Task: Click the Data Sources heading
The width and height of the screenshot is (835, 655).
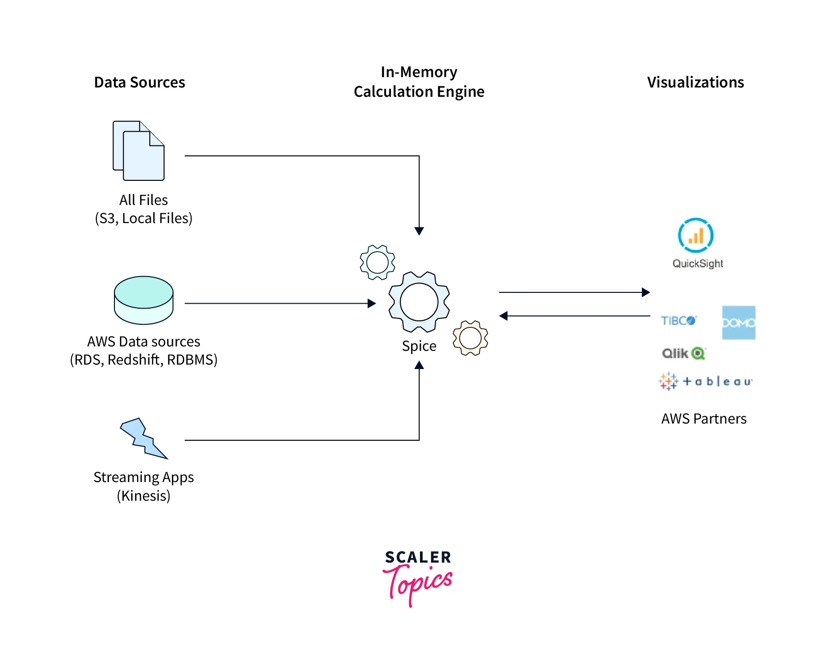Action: point(139,82)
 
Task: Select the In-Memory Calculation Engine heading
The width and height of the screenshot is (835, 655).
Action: point(419,82)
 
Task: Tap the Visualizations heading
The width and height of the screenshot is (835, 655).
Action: point(695,82)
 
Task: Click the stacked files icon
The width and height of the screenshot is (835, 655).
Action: point(139,150)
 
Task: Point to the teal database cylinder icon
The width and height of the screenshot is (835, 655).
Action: point(143,300)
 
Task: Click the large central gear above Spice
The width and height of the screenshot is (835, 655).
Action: point(419,302)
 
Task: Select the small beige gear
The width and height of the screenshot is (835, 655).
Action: point(470,338)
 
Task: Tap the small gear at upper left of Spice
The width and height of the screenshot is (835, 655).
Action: point(377,262)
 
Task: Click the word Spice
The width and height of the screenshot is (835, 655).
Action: point(419,346)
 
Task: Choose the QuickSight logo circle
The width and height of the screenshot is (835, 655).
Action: point(696,235)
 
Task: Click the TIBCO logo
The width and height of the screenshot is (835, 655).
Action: point(678,321)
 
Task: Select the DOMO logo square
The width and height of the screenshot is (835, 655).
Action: point(738,323)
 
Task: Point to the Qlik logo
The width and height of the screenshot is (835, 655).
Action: point(683,353)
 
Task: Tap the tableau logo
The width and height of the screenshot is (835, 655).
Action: point(705,381)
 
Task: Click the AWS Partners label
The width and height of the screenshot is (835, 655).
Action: point(703,419)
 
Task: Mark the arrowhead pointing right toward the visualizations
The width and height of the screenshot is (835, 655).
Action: point(646,292)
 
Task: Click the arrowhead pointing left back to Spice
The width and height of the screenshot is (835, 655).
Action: point(503,316)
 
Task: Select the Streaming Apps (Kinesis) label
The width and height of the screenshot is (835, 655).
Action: point(143,486)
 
